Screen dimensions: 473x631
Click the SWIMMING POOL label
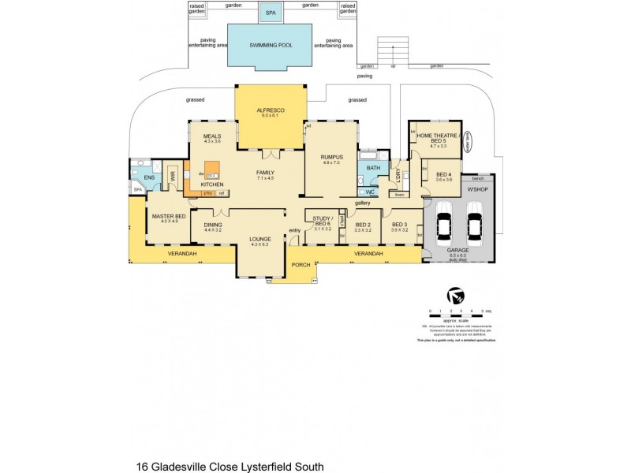click(x=271, y=46)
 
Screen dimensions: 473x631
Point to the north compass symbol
click(x=454, y=296)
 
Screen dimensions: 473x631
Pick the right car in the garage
click(x=475, y=226)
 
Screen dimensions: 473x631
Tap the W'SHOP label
click(x=478, y=189)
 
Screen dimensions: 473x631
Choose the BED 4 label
click(x=444, y=174)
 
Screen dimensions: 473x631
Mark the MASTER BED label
click(x=170, y=217)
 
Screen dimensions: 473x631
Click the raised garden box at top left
click(x=195, y=8)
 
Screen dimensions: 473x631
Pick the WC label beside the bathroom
click(x=371, y=192)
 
